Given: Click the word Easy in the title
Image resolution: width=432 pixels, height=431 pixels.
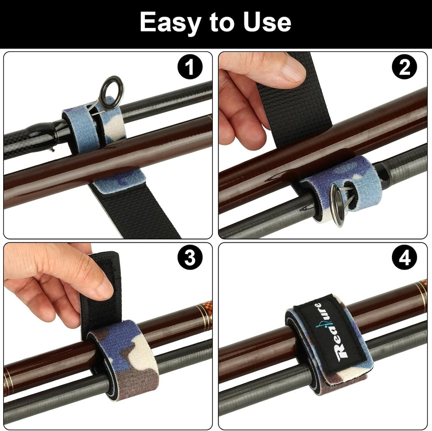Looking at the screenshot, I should [x=171, y=22].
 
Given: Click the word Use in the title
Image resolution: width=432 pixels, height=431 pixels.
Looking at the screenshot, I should [x=268, y=22].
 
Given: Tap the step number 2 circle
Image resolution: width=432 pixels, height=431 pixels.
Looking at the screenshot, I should [x=404, y=68].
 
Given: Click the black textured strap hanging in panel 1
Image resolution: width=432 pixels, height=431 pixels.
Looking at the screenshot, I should [x=135, y=212].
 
